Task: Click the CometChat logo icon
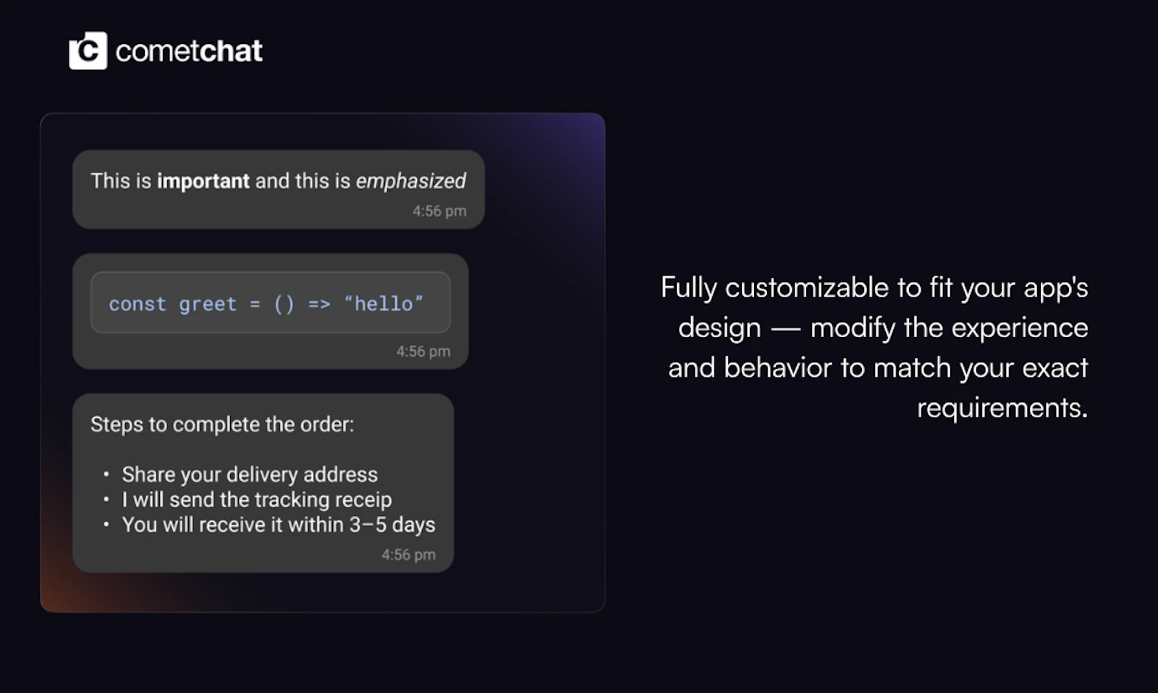pos(88,51)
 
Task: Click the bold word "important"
pos(203,181)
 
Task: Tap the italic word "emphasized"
pos(410,181)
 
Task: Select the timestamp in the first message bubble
pos(439,211)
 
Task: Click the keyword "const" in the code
pos(138,304)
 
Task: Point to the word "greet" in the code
pos(208,304)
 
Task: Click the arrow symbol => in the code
pos(319,304)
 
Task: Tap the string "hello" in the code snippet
pos(384,304)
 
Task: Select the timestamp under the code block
pos(423,352)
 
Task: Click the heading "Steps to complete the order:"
pos(222,425)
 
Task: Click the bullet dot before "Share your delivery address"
pos(106,475)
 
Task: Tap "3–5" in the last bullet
pos(368,525)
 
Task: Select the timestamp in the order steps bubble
pos(408,555)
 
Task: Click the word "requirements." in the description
pos(1002,408)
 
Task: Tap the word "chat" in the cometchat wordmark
pos(231,51)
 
